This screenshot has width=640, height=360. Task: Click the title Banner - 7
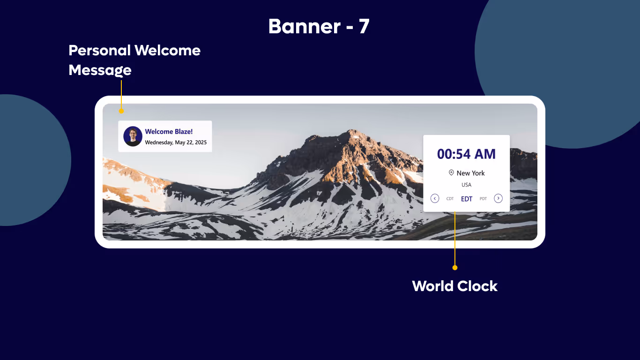(319, 27)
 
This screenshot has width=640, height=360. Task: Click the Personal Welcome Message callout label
(134, 60)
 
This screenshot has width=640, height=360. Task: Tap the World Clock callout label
(454, 286)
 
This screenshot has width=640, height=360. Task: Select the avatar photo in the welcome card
(133, 136)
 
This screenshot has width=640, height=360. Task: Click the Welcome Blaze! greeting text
(169, 132)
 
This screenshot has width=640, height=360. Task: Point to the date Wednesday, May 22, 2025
(176, 142)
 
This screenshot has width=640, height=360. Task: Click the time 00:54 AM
(466, 154)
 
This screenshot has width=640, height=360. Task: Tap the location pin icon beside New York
(451, 172)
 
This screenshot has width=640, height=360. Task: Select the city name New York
(470, 173)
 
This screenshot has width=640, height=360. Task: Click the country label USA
(466, 185)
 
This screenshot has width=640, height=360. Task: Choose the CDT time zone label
(450, 199)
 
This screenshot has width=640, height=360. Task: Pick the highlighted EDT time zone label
(467, 199)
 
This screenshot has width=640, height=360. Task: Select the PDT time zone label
(483, 199)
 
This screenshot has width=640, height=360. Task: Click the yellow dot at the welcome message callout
(121, 111)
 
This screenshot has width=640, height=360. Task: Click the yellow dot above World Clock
(454, 268)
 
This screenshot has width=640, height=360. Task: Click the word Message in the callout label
(100, 70)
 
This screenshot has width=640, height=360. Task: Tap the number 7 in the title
(364, 27)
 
